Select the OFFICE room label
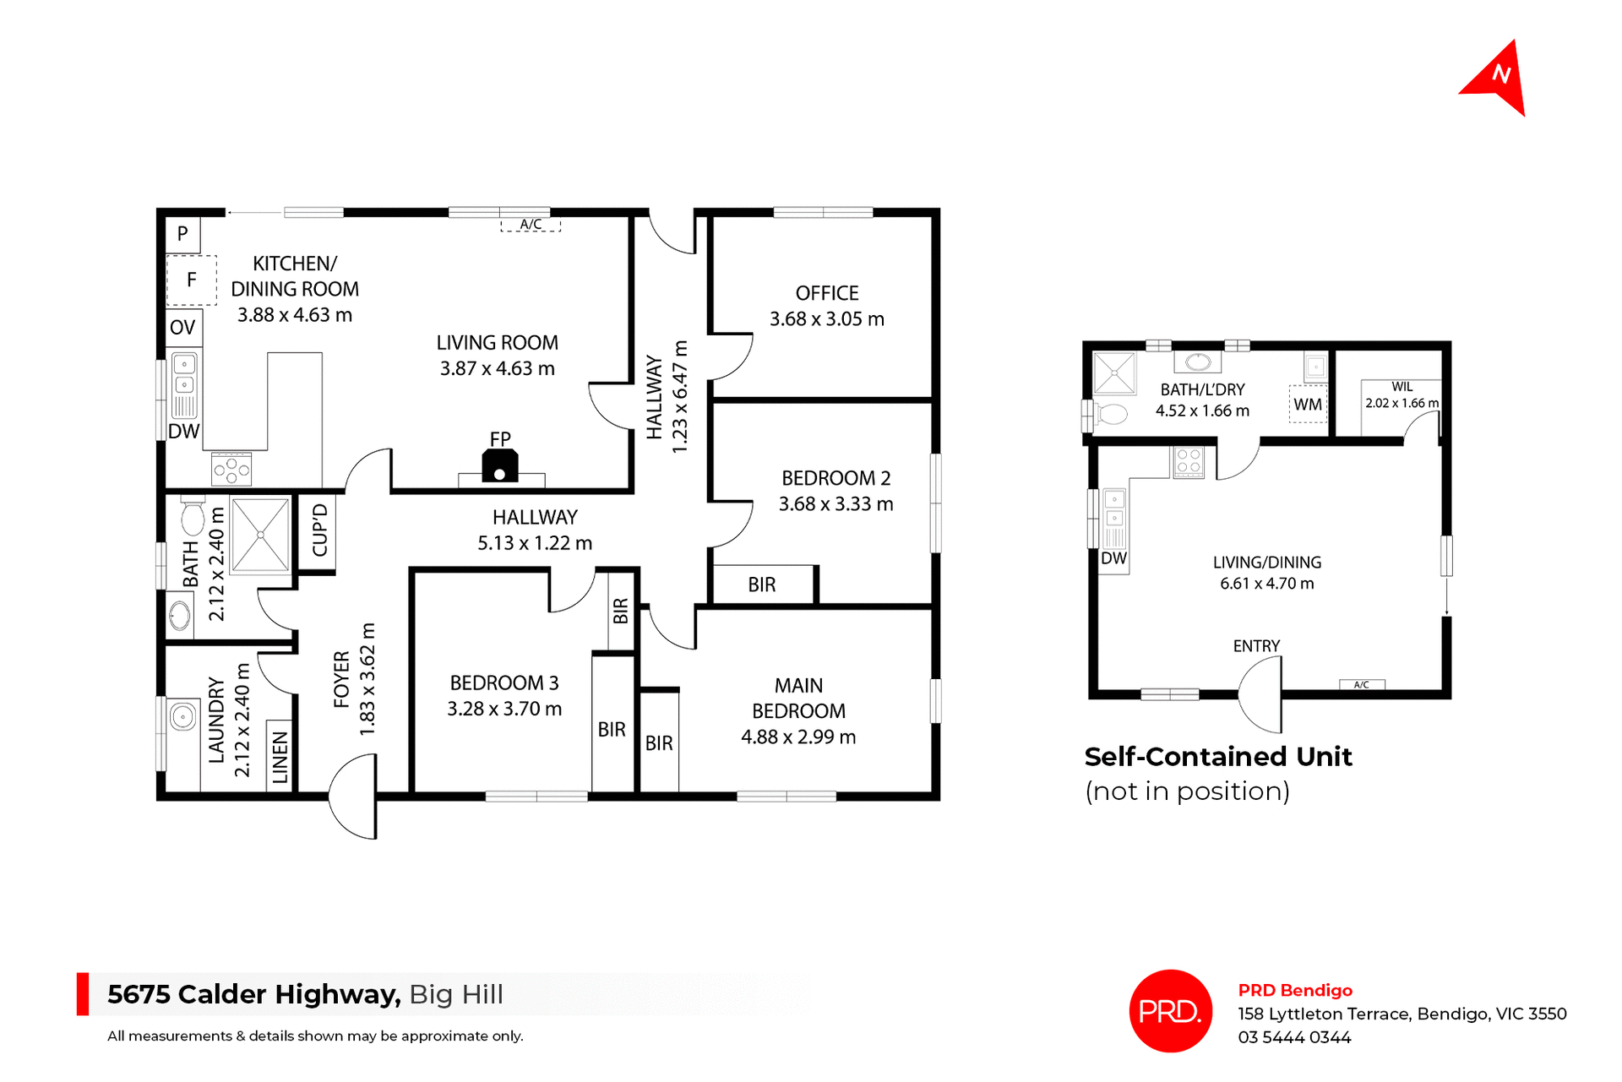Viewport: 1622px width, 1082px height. [x=826, y=293]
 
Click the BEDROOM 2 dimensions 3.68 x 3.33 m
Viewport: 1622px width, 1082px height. [x=835, y=504]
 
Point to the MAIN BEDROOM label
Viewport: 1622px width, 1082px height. [x=798, y=698]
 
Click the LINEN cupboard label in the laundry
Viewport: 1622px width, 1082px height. [x=280, y=757]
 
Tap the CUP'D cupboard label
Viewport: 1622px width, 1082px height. [x=319, y=530]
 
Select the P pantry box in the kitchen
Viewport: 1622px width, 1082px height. [x=182, y=234]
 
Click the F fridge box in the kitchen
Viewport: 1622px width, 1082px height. [x=192, y=280]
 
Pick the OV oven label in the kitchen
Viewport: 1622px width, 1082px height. [x=182, y=328]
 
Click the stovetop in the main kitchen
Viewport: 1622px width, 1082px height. [x=231, y=469]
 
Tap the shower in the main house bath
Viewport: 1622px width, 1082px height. [x=260, y=536]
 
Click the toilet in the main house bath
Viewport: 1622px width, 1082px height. [x=193, y=517]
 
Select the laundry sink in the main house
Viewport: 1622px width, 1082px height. [x=182, y=717]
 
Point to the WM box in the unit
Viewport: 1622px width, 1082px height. [x=1308, y=405]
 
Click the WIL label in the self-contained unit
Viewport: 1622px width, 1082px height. [x=1402, y=387]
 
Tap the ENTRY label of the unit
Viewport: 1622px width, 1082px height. [x=1256, y=646]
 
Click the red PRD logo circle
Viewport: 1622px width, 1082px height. [x=1170, y=1011]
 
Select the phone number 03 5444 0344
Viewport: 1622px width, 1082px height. [x=1294, y=1037]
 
